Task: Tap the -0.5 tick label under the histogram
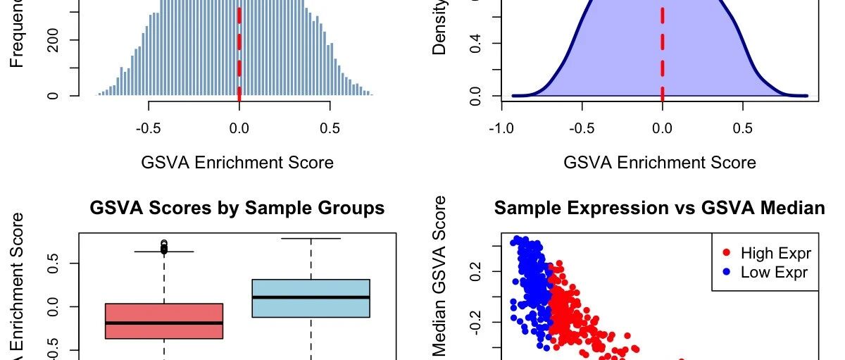pos(149,129)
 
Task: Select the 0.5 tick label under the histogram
pos(330,129)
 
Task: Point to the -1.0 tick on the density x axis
pos(501,129)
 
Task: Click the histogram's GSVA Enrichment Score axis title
pos(237,163)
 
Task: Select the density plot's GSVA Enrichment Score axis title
pos(660,163)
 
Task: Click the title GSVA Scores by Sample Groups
pos(237,209)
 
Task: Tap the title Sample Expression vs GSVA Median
pos(659,209)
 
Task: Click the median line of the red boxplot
pos(164,323)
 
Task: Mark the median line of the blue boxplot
pos(311,297)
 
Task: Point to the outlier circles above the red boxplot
pos(165,246)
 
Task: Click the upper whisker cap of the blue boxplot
pos(311,239)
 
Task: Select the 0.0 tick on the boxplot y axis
pos(54,307)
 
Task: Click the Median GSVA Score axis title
pos(442,278)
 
